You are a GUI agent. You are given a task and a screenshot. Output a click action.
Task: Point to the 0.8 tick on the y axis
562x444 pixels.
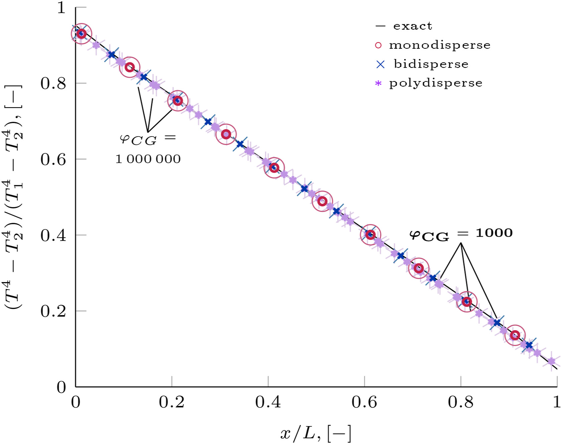point(53,83)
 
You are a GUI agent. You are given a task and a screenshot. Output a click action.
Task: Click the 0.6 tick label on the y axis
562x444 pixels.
point(53,159)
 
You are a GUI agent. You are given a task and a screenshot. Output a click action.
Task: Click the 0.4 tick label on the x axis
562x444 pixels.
point(268,402)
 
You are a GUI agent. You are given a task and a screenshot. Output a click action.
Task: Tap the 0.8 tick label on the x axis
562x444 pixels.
point(460,402)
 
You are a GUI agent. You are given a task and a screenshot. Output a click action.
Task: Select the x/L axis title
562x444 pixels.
point(316,433)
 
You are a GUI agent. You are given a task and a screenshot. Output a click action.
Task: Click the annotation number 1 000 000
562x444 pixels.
point(148,159)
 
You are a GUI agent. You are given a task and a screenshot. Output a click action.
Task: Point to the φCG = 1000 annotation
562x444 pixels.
point(461,234)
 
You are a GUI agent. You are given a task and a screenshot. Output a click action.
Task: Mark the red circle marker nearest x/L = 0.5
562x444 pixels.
point(322,201)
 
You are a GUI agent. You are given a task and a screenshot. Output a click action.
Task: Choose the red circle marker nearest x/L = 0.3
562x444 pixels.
point(226,135)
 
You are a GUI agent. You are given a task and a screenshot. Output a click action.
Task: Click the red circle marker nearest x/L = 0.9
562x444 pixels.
point(515,335)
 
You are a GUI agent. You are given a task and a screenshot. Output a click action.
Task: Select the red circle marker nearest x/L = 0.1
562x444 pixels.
point(130,67)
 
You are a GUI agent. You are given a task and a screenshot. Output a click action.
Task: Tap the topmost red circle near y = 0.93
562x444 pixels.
point(81,34)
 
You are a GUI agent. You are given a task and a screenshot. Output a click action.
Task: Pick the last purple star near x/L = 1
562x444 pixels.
point(551,361)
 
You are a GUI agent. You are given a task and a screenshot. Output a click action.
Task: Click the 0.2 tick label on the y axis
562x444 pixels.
point(53,311)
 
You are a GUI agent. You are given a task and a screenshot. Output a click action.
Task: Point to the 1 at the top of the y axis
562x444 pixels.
point(61,7)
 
